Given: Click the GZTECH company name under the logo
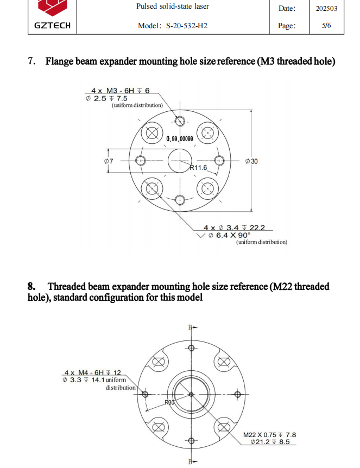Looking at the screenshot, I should point(52,26).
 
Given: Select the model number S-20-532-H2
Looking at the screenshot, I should point(172,26).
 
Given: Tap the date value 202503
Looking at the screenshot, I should point(326,8).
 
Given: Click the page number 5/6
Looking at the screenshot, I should point(326,26).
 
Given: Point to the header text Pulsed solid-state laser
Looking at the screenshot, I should point(172,7).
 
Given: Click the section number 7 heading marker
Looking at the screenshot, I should point(31,61).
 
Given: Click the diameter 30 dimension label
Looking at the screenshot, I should point(251,161).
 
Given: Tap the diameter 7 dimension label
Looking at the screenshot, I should point(108,161).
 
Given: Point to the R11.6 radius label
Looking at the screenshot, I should point(198,168).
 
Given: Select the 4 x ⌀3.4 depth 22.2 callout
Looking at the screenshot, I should point(237,227).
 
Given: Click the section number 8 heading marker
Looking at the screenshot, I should point(31,286).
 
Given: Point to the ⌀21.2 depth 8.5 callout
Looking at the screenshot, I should point(270,442).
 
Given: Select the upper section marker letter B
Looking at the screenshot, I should point(191,327).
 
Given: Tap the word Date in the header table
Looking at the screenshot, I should point(287,8).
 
